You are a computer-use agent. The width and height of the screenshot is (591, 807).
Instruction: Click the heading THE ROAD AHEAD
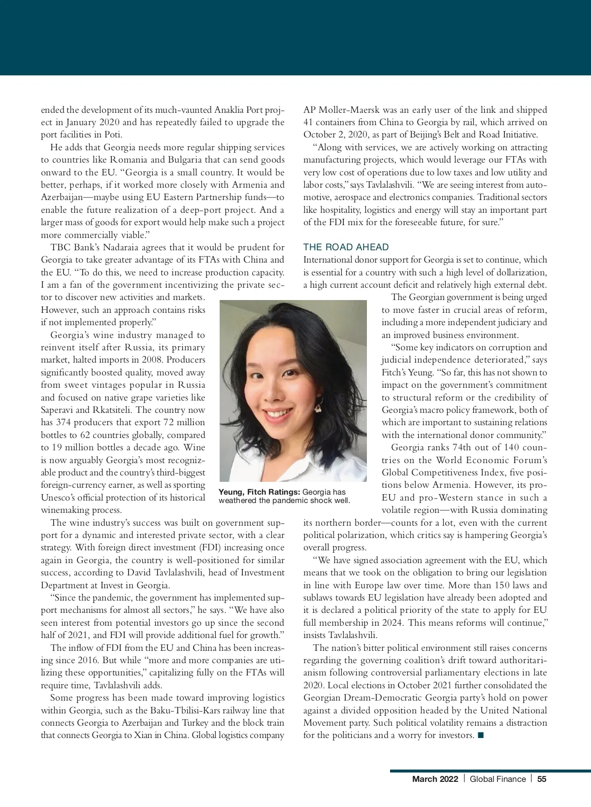(x=346, y=247)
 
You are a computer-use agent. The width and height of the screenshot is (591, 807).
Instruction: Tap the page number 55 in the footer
(x=542, y=779)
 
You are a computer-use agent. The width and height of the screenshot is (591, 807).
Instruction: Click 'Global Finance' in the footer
(x=497, y=779)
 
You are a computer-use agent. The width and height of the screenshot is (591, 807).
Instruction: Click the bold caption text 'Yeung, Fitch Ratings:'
(x=259, y=492)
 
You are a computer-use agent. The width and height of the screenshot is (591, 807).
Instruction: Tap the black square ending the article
(x=481, y=736)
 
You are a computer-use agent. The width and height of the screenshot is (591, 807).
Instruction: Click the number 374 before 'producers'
(x=64, y=422)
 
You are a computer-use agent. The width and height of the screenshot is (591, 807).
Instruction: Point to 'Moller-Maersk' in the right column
(x=343, y=110)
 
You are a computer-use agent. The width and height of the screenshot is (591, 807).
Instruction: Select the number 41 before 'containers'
(x=308, y=122)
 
